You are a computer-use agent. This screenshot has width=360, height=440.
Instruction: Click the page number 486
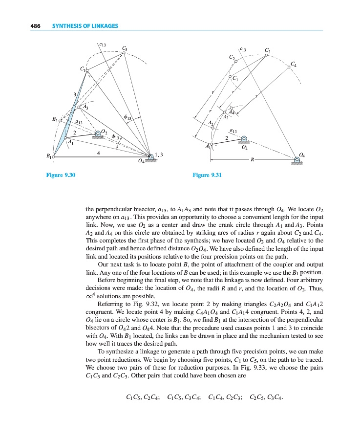[34, 25]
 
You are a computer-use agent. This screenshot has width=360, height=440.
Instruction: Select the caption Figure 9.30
[59, 175]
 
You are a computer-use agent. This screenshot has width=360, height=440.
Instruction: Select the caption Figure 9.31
[207, 175]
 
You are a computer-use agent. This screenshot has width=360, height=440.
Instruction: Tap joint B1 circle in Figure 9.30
[53, 157]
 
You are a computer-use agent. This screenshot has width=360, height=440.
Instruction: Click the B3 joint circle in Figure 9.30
[61, 118]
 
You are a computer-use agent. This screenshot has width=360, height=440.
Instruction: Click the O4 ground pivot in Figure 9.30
[150, 155]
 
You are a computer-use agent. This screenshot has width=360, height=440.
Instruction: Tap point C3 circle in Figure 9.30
[124, 53]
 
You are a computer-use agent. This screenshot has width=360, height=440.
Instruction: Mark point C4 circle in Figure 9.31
[289, 67]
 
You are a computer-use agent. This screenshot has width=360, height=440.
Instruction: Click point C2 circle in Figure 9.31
[235, 61]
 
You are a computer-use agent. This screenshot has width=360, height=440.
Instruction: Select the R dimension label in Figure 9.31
[252, 159]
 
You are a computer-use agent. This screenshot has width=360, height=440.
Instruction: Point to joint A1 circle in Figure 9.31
[212, 144]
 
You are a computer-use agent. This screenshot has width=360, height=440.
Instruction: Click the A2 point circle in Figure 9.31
[213, 127]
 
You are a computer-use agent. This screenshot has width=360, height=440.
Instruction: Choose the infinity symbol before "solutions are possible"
[88, 296]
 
